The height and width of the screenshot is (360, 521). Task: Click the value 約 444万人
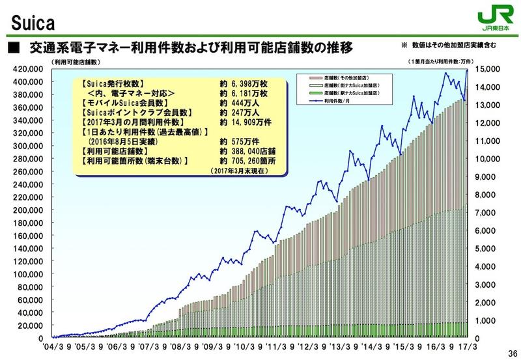[238, 104]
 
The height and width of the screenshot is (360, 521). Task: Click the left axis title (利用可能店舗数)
[72, 62]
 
